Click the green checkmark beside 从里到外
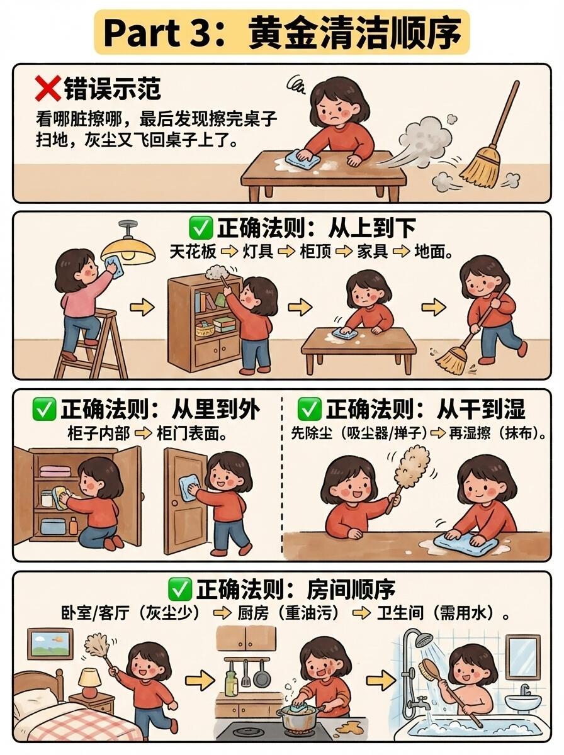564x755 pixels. coord(43,409)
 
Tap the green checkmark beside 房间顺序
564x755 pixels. coord(179,589)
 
